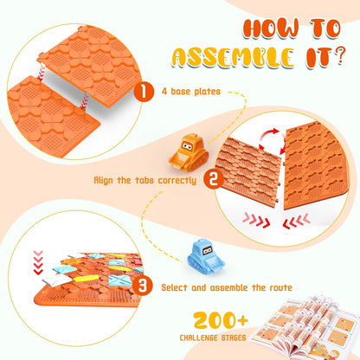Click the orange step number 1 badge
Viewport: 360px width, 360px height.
pyautogui.click(x=144, y=92)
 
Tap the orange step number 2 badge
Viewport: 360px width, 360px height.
pyautogui.click(x=214, y=179)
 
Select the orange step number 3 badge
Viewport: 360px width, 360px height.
pyautogui.click(x=143, y=286)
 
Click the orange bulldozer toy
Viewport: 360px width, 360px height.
pyautogui.click(x=189, y=153)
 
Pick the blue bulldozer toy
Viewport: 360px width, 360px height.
pyautogui.click(x=206, y=257)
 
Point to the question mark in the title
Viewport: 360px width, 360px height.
pyautogui.click(x=340, y=56)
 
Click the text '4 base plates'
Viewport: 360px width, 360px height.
pyautogui.click(x=191, y=92)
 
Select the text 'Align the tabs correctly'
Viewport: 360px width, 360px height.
pyautogui.click(x=145, y=180)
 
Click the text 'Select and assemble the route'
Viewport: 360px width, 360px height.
pyautogui.click(x=227, y=287)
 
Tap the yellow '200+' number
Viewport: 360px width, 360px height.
pyautogui.click(x=221, y=320)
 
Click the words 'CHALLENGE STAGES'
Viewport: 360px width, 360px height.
pyautogui.click(x=213, y=337)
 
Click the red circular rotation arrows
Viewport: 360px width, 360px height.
pyautogui.click(x=272, y=142)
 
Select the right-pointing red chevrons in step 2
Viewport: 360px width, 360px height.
pyautogui.click(x=256, y=221)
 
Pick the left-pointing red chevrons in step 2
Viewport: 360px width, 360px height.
pyautogui.click(x=296, y=221)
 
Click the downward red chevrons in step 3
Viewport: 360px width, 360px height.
pyautogui.click(x=38, y=262)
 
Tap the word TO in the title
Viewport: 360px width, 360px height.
pyautogui.click(x=325, y=29)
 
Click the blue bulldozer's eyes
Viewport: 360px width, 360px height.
pyautogui.click(x=207, y=251)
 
